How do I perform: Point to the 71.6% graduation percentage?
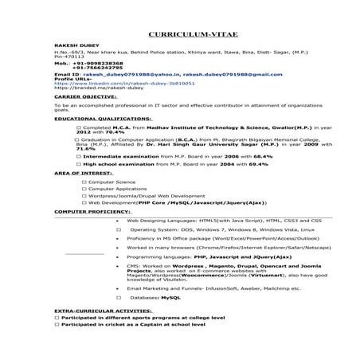pos(64,149)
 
